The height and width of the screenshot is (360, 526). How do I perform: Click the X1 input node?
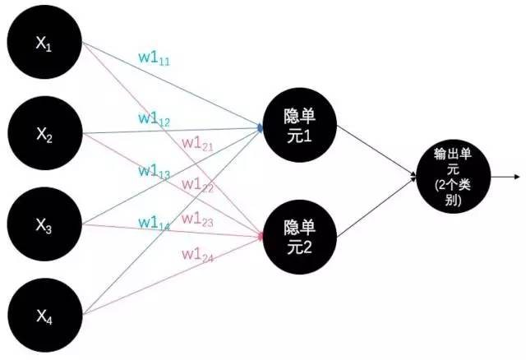44,42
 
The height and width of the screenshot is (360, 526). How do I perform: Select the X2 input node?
45,133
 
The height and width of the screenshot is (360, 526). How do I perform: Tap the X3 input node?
44,224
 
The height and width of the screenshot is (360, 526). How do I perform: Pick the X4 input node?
45,315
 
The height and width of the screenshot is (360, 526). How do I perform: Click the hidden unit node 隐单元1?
299,125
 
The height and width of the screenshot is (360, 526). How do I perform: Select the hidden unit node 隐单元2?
299,238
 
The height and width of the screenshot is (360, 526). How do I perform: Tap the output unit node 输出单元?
454,176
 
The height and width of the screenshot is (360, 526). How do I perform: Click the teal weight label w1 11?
155,58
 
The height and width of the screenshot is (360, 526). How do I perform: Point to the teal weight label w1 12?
155,119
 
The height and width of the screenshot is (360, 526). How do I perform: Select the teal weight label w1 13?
155,172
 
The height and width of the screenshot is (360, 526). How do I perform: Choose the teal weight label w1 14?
155,224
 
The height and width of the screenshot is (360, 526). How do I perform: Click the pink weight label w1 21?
197,145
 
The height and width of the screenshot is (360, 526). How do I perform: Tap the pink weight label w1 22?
197,186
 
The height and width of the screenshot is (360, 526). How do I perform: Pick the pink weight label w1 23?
197,220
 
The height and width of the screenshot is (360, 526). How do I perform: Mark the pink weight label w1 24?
197,256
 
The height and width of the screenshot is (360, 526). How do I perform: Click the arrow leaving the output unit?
505,177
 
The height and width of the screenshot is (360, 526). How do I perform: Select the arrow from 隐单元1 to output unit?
376,150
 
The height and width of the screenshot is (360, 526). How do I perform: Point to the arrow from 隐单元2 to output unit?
376,207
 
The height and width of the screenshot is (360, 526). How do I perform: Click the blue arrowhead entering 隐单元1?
260,127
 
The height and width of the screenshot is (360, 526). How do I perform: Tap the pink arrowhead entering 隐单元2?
260,237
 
